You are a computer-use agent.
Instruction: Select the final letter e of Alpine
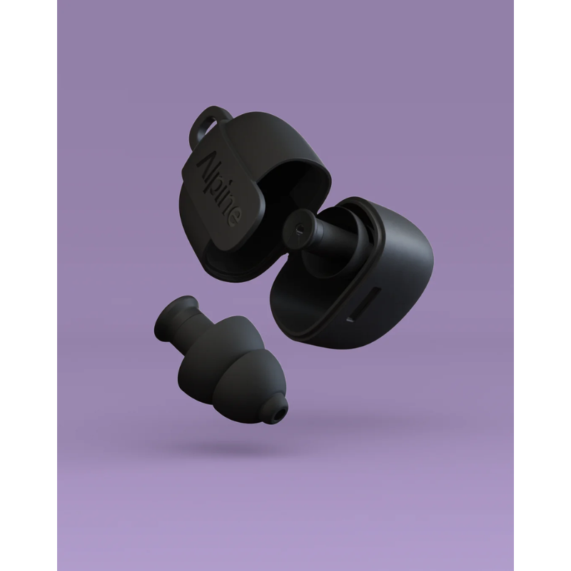click(x=233, y=219)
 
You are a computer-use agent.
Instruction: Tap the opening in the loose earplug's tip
click(x=280, y=414)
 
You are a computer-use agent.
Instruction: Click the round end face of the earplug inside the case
click(x=299, y=229)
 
